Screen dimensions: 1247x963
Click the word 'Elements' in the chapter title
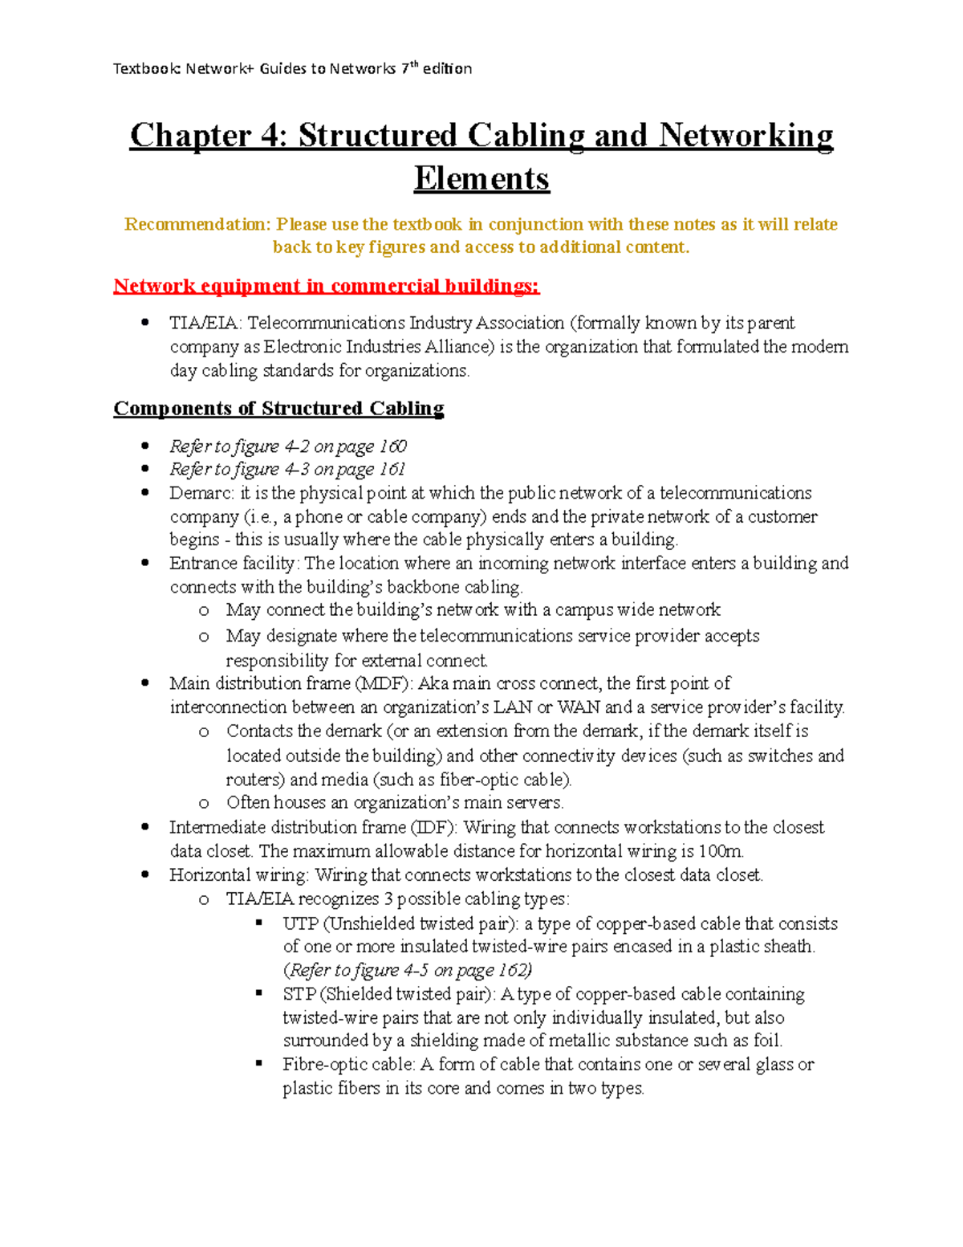pos(481,178)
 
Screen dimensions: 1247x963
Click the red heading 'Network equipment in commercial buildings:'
pos(326,286)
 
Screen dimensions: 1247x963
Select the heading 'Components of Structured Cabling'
pos(278,408)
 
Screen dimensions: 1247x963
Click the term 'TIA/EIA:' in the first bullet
pos(205,323)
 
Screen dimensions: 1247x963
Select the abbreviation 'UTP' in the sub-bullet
pos(300,923)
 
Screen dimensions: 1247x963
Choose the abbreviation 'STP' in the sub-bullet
pos(299,994)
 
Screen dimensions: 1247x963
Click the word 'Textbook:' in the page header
pos(148,69)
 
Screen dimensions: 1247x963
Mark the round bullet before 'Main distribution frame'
pos(145,683)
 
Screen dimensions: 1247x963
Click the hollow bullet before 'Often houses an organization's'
pos(204,803)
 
